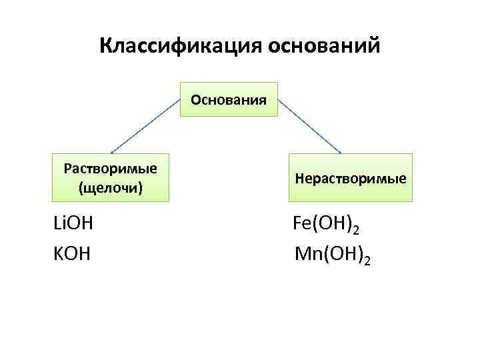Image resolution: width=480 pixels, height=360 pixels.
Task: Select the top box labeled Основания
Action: [x=229, y=100]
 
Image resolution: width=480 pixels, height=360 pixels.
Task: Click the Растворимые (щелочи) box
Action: [x=111, y=177]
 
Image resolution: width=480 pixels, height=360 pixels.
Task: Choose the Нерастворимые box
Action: [x=351, y=178]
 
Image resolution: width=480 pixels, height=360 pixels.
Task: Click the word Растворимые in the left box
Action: [x=111, y=167]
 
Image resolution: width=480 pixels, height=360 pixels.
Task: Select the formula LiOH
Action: [x=73, y=223]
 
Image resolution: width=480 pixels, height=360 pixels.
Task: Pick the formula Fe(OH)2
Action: [x=327, y=225]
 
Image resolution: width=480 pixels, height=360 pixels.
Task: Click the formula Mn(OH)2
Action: [x=332, y=255]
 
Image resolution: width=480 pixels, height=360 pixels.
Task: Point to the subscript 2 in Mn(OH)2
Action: [x=366, y=260]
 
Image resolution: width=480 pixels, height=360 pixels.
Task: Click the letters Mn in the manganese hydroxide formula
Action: [x=305, y=254]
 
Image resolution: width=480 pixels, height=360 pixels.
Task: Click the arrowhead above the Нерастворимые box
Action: [x=340, y=151]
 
